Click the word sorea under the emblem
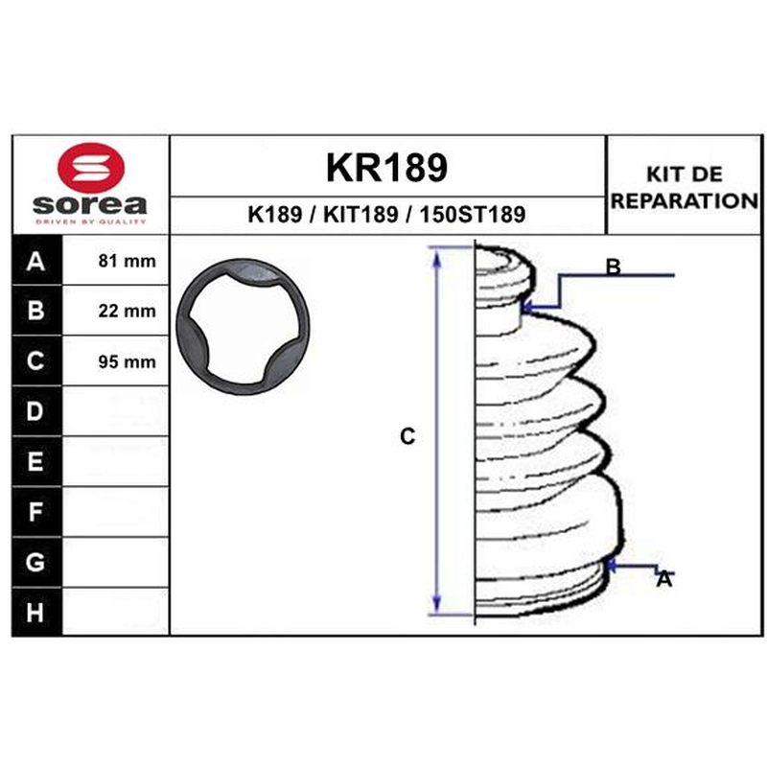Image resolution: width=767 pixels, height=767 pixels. coord(90,205)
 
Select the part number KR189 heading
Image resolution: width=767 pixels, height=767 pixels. coord(386,167)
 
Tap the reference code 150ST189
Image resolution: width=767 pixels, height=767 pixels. coord(473,214)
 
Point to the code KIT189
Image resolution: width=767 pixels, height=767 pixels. coord(360,214)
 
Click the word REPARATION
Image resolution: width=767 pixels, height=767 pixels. coord(685,200)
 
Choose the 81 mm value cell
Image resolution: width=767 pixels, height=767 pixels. coord(128,261)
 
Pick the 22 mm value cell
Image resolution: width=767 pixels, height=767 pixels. coord(128,311)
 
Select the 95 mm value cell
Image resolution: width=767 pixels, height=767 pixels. coord(128,361)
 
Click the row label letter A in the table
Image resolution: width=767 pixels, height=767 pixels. coord(35,261)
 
